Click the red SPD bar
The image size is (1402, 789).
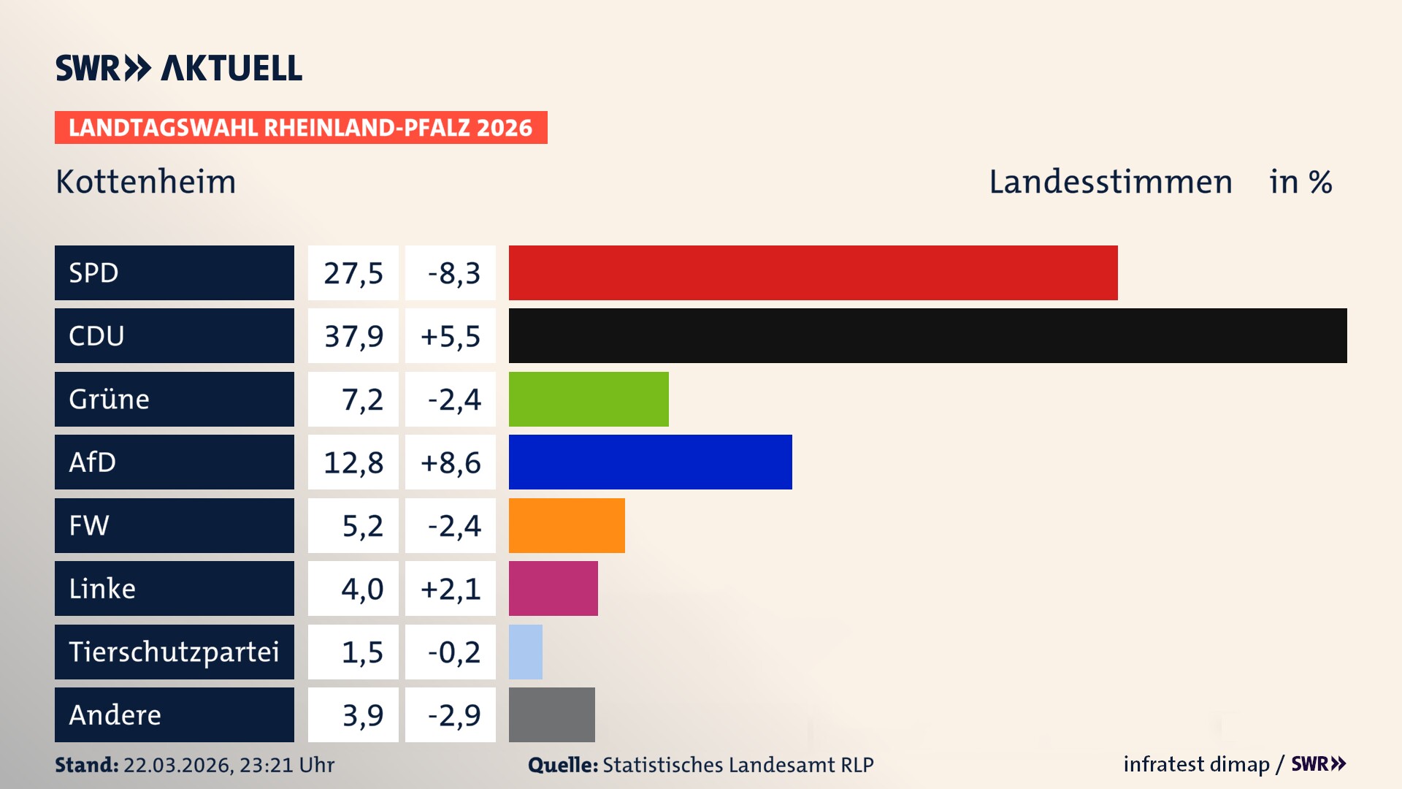pos(813,272)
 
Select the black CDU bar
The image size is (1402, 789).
pos(927,335)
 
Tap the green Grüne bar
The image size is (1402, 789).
pos(589,399)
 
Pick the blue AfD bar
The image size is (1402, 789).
pos(650,462)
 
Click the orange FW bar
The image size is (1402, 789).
pos(567,525)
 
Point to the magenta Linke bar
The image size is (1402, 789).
pos(553,588)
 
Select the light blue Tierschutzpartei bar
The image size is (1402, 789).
pos(526,652)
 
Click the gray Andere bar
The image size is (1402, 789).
pos(551,714)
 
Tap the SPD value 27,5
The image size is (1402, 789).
pos(353,273)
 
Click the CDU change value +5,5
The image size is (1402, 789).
pos(451,336)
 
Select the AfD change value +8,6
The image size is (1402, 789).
pos(451,462)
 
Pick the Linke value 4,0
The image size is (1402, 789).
pos(362,589)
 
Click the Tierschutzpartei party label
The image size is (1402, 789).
pos(174,652)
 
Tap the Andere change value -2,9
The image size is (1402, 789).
pos(454,715)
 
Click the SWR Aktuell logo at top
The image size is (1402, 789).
pos(179,68)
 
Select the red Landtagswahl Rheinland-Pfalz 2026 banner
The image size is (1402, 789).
pos(301,128)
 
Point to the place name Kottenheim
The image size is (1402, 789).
pos(146,182)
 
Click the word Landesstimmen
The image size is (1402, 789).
pos(1110,182)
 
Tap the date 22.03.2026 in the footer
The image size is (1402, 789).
pos(177,765)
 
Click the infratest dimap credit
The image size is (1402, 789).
pos(1196,764)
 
